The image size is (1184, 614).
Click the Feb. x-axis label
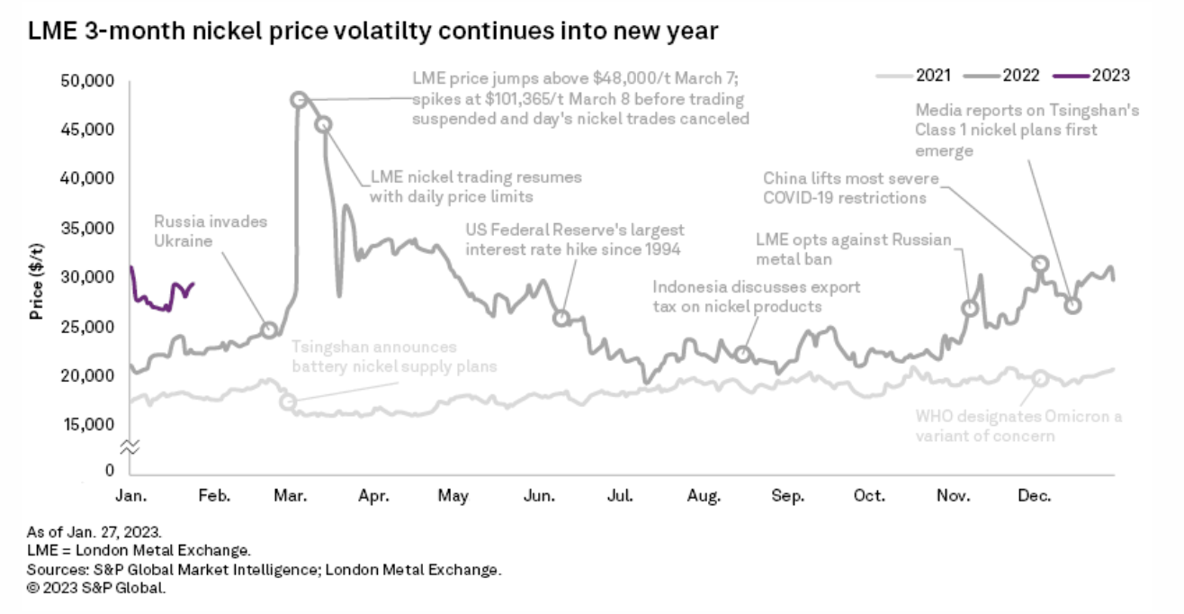213,495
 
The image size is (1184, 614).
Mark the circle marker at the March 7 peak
300,99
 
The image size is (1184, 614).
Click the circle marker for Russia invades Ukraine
268,330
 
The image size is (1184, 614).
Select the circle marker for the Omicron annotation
1040,378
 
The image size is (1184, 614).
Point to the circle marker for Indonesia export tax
742,354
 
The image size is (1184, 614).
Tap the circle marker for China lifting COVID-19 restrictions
1040,264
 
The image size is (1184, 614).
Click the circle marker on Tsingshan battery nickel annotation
288,402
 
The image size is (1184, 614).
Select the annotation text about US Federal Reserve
575,239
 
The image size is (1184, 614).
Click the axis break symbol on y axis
131,447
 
